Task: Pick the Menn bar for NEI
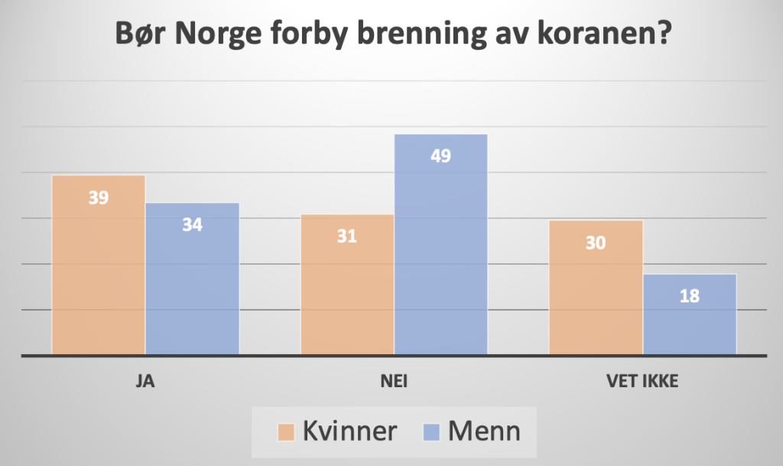coord(441,245)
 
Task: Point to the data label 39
coord(99,198)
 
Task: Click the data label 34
coord(192,226)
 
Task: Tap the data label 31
coord(347,236)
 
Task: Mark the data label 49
coord(441,156)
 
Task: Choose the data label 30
coord(596,243)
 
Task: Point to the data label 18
coord(690,296)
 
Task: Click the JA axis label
coord(145,381)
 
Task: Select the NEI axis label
coord(394,381)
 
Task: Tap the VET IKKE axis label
coord(643,381)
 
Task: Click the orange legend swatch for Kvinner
coord(287,432)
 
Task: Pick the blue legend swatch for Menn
coord(430,432)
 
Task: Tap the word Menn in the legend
coord(484,432)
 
